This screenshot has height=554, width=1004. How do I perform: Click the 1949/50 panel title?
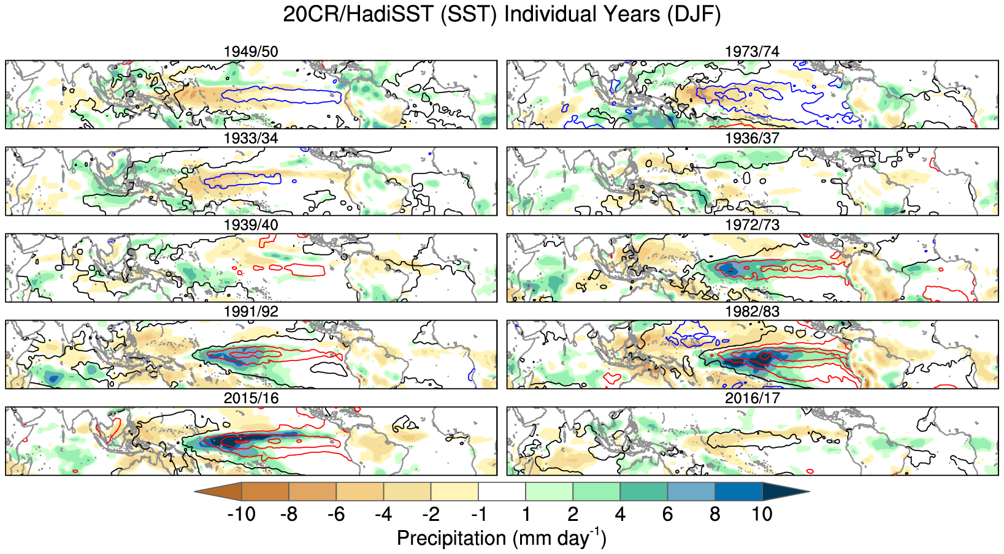point(251,51)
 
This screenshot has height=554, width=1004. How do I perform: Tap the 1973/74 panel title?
point(752,51)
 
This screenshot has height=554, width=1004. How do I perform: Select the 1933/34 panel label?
point(251,138)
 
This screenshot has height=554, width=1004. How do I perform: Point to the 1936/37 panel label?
point(752,138)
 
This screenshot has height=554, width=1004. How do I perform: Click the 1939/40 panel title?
point(251,225)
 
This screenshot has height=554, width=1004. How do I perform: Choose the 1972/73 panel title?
point(752,225)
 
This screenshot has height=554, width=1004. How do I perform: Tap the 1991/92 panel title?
point(251,311)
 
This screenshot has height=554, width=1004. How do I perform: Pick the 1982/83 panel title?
point(752,311)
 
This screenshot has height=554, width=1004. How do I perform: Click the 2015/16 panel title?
point(251,398)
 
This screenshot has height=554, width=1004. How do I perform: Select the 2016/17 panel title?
point(752,398)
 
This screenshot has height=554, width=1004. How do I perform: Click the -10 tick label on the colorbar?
point(241,514)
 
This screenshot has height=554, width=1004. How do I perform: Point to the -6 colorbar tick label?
point(335,514)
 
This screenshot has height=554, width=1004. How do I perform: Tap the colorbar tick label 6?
point(667,514)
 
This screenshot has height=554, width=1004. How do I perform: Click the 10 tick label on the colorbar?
point(762,514)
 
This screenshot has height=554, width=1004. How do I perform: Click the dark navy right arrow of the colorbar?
point(784,491)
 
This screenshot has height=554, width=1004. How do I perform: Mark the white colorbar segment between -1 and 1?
point(502,491)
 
